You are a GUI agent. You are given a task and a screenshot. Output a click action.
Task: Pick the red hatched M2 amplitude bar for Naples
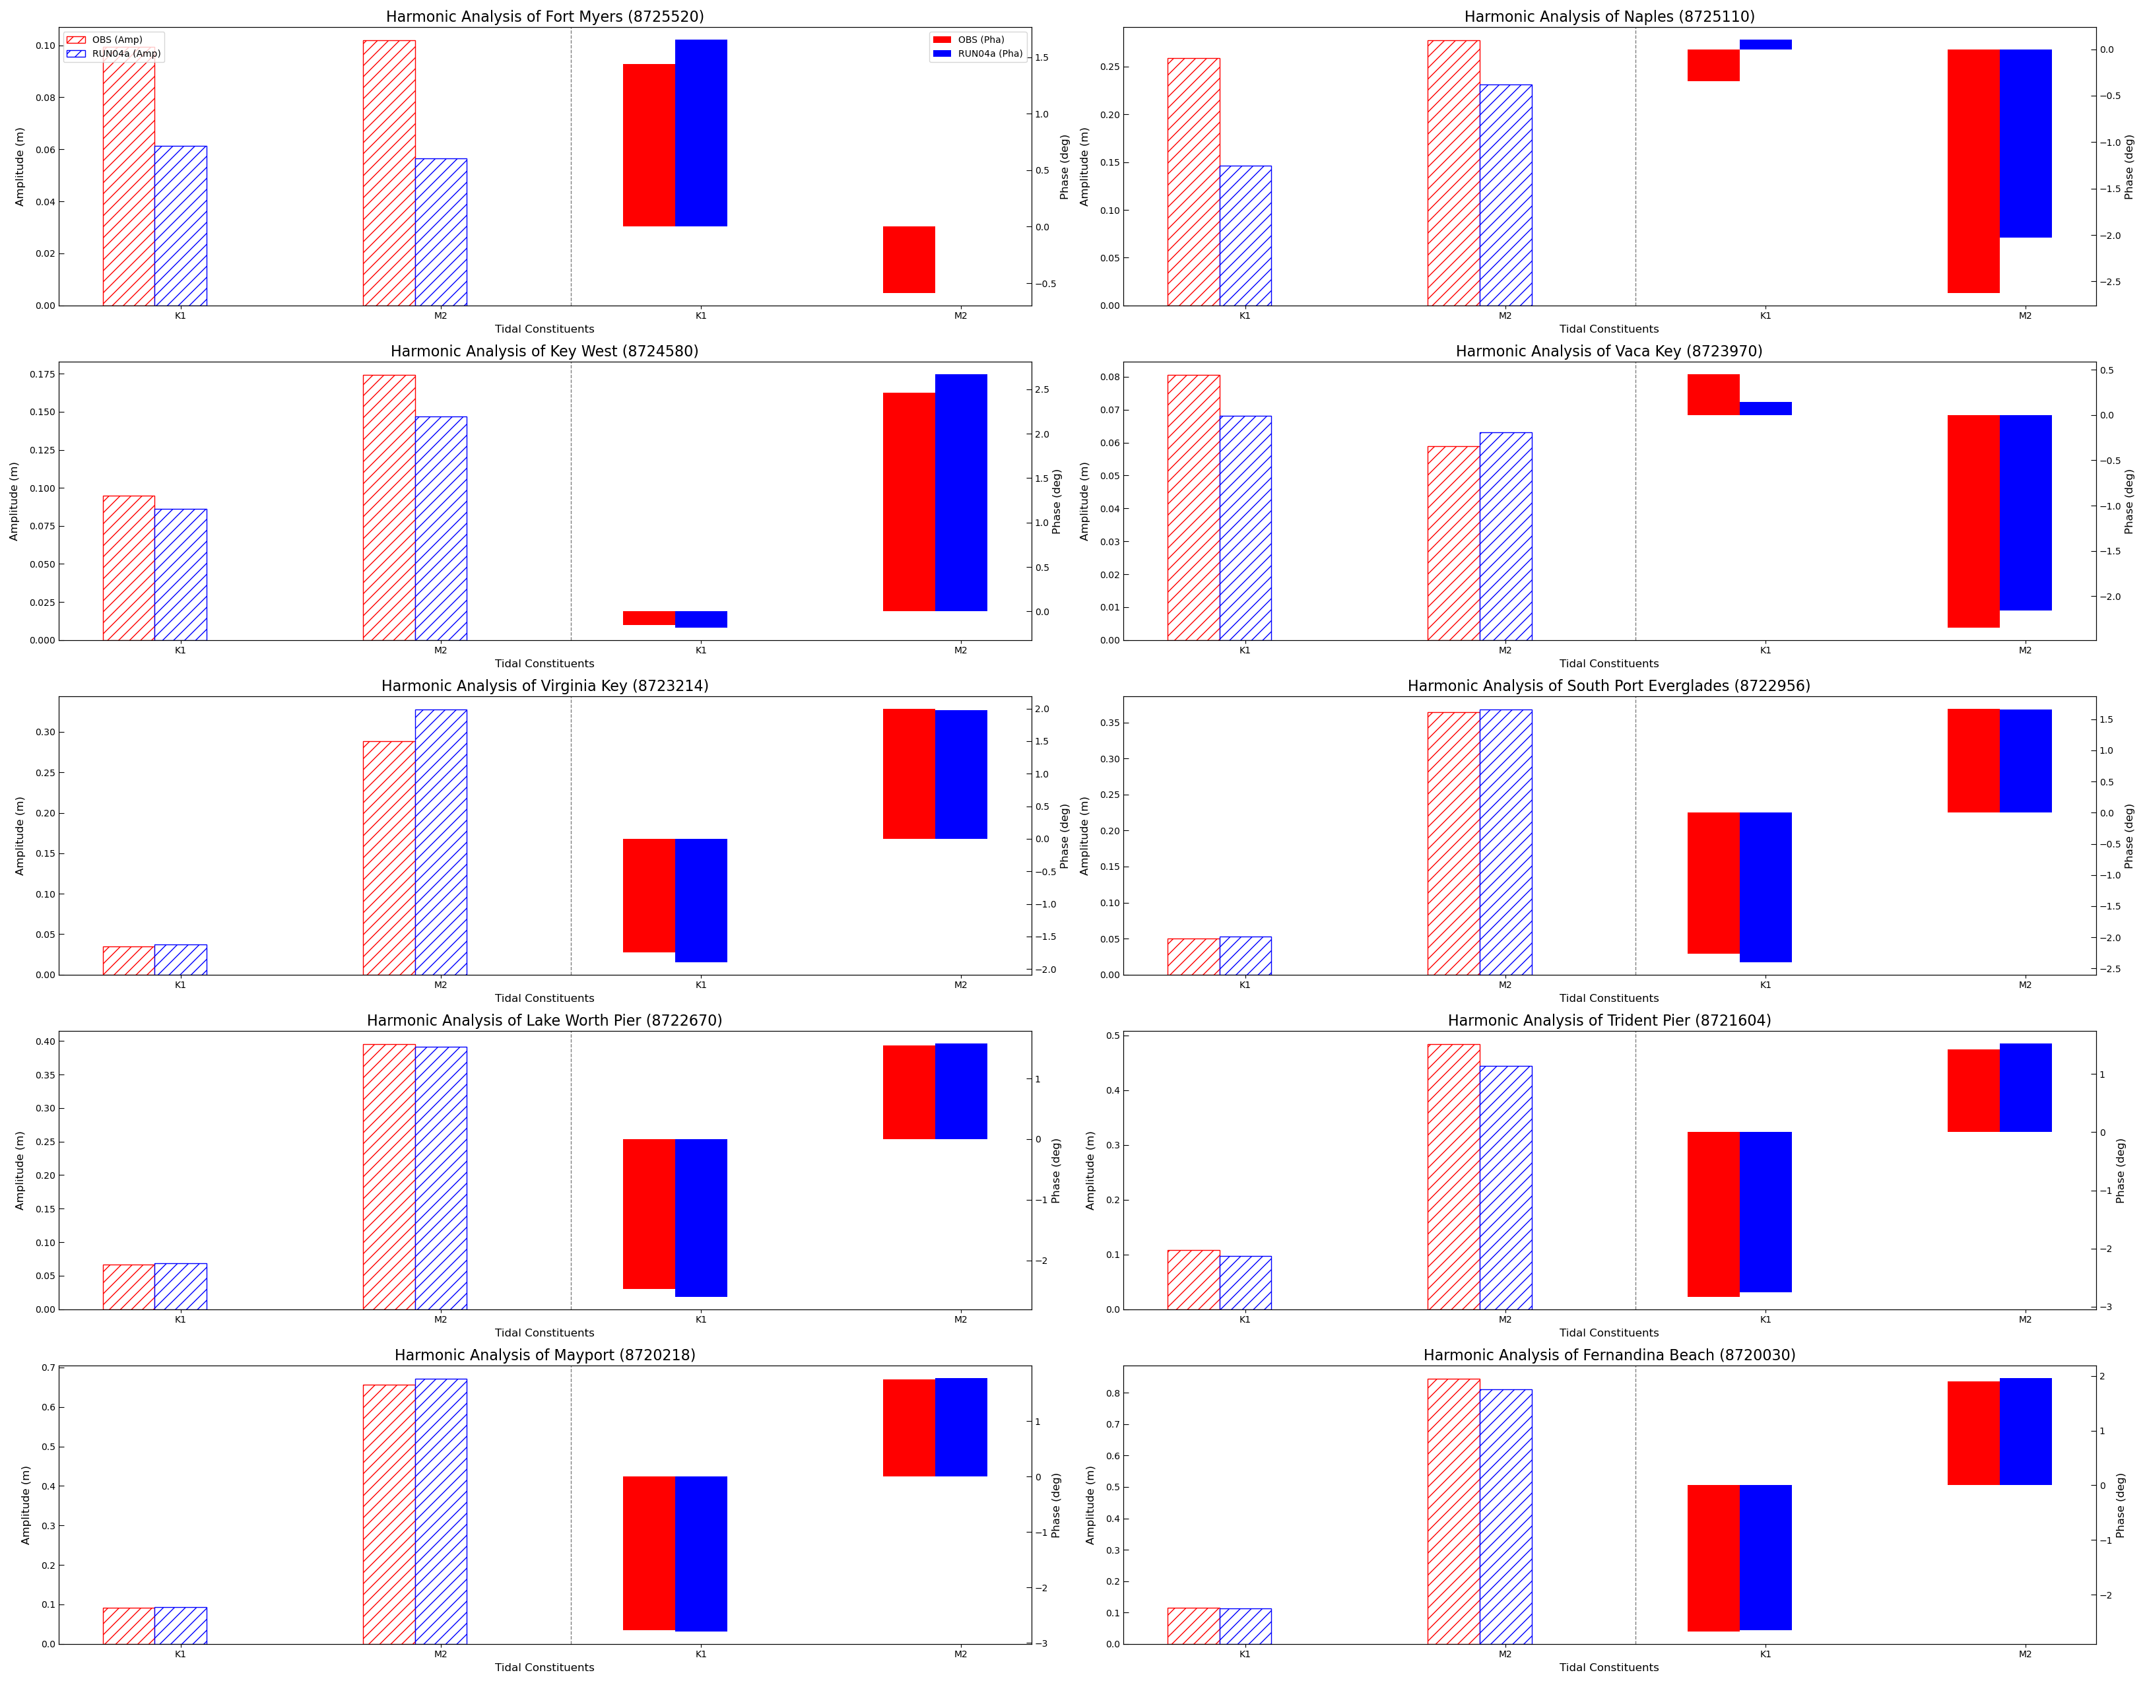coord(1453,172)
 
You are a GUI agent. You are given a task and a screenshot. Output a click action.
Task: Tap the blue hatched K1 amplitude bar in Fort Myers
coord(180,226)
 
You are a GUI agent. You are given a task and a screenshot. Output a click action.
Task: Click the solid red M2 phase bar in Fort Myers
coord(907,259)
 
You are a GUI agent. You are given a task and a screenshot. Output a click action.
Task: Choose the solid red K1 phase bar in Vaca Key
coord(1713,394)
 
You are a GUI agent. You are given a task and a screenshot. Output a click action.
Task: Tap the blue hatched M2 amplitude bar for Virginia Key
coord(440,841)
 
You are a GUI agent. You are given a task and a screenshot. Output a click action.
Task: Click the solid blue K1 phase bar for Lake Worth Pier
coord(700,1217)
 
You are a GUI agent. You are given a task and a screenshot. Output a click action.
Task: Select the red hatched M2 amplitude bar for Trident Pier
coord(1453,1177)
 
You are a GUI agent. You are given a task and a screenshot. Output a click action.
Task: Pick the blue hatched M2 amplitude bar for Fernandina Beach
coord(1505,1517)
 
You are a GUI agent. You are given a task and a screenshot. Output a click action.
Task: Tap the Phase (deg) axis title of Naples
coord(2128,168)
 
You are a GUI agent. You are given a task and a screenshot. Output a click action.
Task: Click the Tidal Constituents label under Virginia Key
coord(544,998)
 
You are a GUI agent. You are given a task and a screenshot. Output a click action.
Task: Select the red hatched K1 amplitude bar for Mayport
coord(128,1625)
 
